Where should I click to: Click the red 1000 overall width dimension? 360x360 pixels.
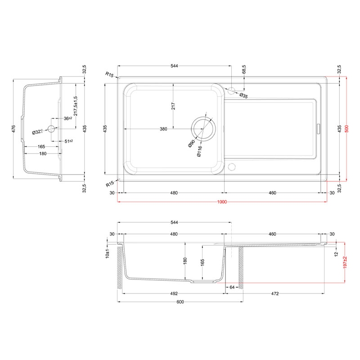[222, 202]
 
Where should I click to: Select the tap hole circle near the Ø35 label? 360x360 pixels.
[231, 91]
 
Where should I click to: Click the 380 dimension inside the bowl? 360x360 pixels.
[163, 129]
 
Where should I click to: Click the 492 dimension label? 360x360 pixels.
[174, 294]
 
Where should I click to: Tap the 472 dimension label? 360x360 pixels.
[275, 294]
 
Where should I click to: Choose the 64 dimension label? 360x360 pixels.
[232, 287]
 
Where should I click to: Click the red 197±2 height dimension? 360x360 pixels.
[345, 263]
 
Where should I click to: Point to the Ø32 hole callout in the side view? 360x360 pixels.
[37, 132]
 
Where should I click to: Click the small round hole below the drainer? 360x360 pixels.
[232, 167]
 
